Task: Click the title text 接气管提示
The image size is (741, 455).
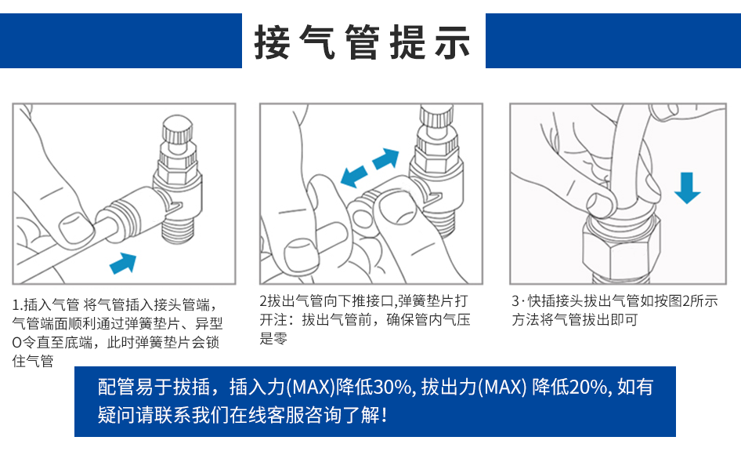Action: (x=363, y=42)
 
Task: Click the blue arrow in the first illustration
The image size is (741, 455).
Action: (x=123, y=263)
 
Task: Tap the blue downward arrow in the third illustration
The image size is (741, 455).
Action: (x=687, y=187)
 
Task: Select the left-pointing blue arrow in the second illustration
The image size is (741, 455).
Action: (x=354, y=177)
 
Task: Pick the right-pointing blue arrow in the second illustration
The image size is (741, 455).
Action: (x=385, y=158)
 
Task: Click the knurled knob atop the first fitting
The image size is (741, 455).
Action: (x=177, y=129)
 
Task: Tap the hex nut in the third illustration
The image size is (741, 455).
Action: (x=621, y=248)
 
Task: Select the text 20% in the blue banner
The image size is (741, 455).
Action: (x=587, y=388)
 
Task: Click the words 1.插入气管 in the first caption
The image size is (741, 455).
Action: (x=46, y=304)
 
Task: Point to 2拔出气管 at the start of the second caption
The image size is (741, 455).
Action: (x=291, y=300)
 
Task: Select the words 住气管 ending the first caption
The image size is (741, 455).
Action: (x=33, y=361)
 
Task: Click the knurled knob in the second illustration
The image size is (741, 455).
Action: (x=437, y=116)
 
